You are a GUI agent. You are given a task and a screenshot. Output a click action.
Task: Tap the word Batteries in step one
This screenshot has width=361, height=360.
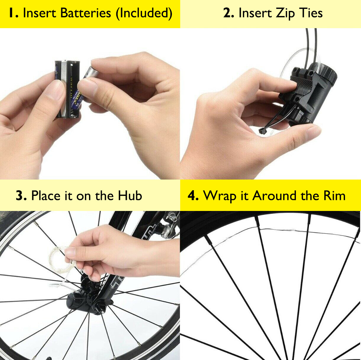coord(86,13)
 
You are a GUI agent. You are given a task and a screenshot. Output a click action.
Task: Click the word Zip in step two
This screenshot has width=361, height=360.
coord(286,14)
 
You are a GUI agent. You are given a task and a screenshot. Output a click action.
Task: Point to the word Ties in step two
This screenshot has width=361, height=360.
coord(310,13)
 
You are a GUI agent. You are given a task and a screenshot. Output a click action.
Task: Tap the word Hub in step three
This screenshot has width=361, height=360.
coord(130,196)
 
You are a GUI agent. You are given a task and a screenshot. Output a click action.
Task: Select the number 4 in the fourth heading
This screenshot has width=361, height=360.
coord(193,196)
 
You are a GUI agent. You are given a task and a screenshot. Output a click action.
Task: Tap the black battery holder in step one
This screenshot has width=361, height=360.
coord(67,89)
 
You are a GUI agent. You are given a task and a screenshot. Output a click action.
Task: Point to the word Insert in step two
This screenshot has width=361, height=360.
coord(255,13)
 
